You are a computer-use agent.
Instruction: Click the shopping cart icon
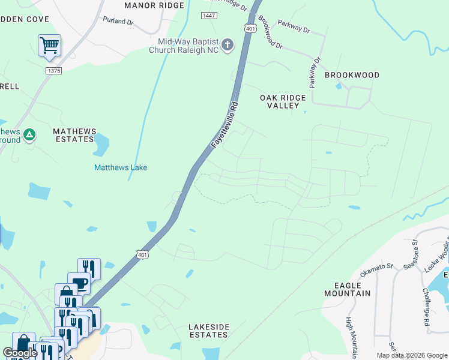pos(49,45)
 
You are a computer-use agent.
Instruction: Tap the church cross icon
pos(228,45)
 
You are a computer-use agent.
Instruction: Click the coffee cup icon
pos(79,282)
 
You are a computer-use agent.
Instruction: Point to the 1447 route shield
pos(209,15)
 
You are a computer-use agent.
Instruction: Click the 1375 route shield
pos(53,71)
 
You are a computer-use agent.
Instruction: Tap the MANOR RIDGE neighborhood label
pos(154,5)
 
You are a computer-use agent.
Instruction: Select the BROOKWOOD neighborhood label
pos(352,75)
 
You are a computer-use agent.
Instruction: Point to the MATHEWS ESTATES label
pos(74,135)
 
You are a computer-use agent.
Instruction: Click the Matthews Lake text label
pos(121,168)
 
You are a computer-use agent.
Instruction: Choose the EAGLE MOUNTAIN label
pos(347,289)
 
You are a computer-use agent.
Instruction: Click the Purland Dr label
pos(118,21)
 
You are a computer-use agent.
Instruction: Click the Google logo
pos(20,353)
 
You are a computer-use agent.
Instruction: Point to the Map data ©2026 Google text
pos(412,355)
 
